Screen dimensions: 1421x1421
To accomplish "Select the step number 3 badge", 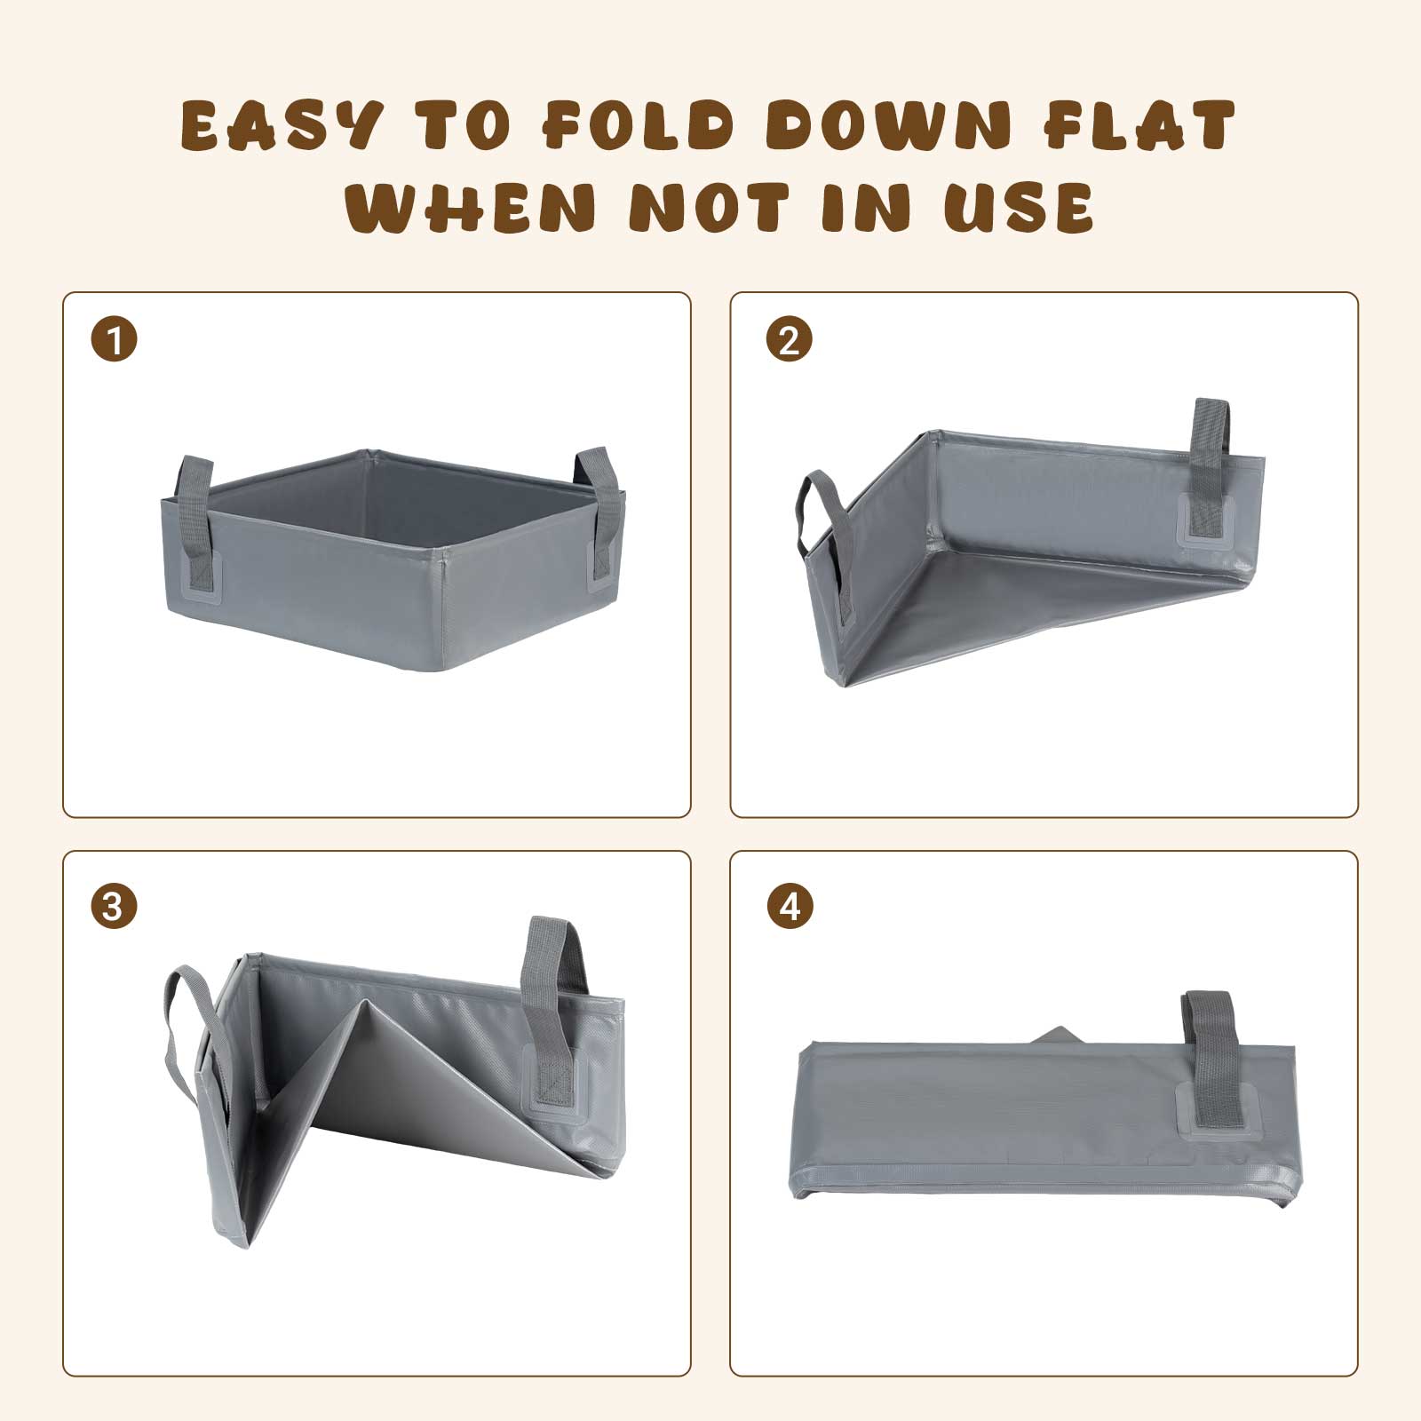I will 114,908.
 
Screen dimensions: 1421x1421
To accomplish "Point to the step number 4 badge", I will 789,908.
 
